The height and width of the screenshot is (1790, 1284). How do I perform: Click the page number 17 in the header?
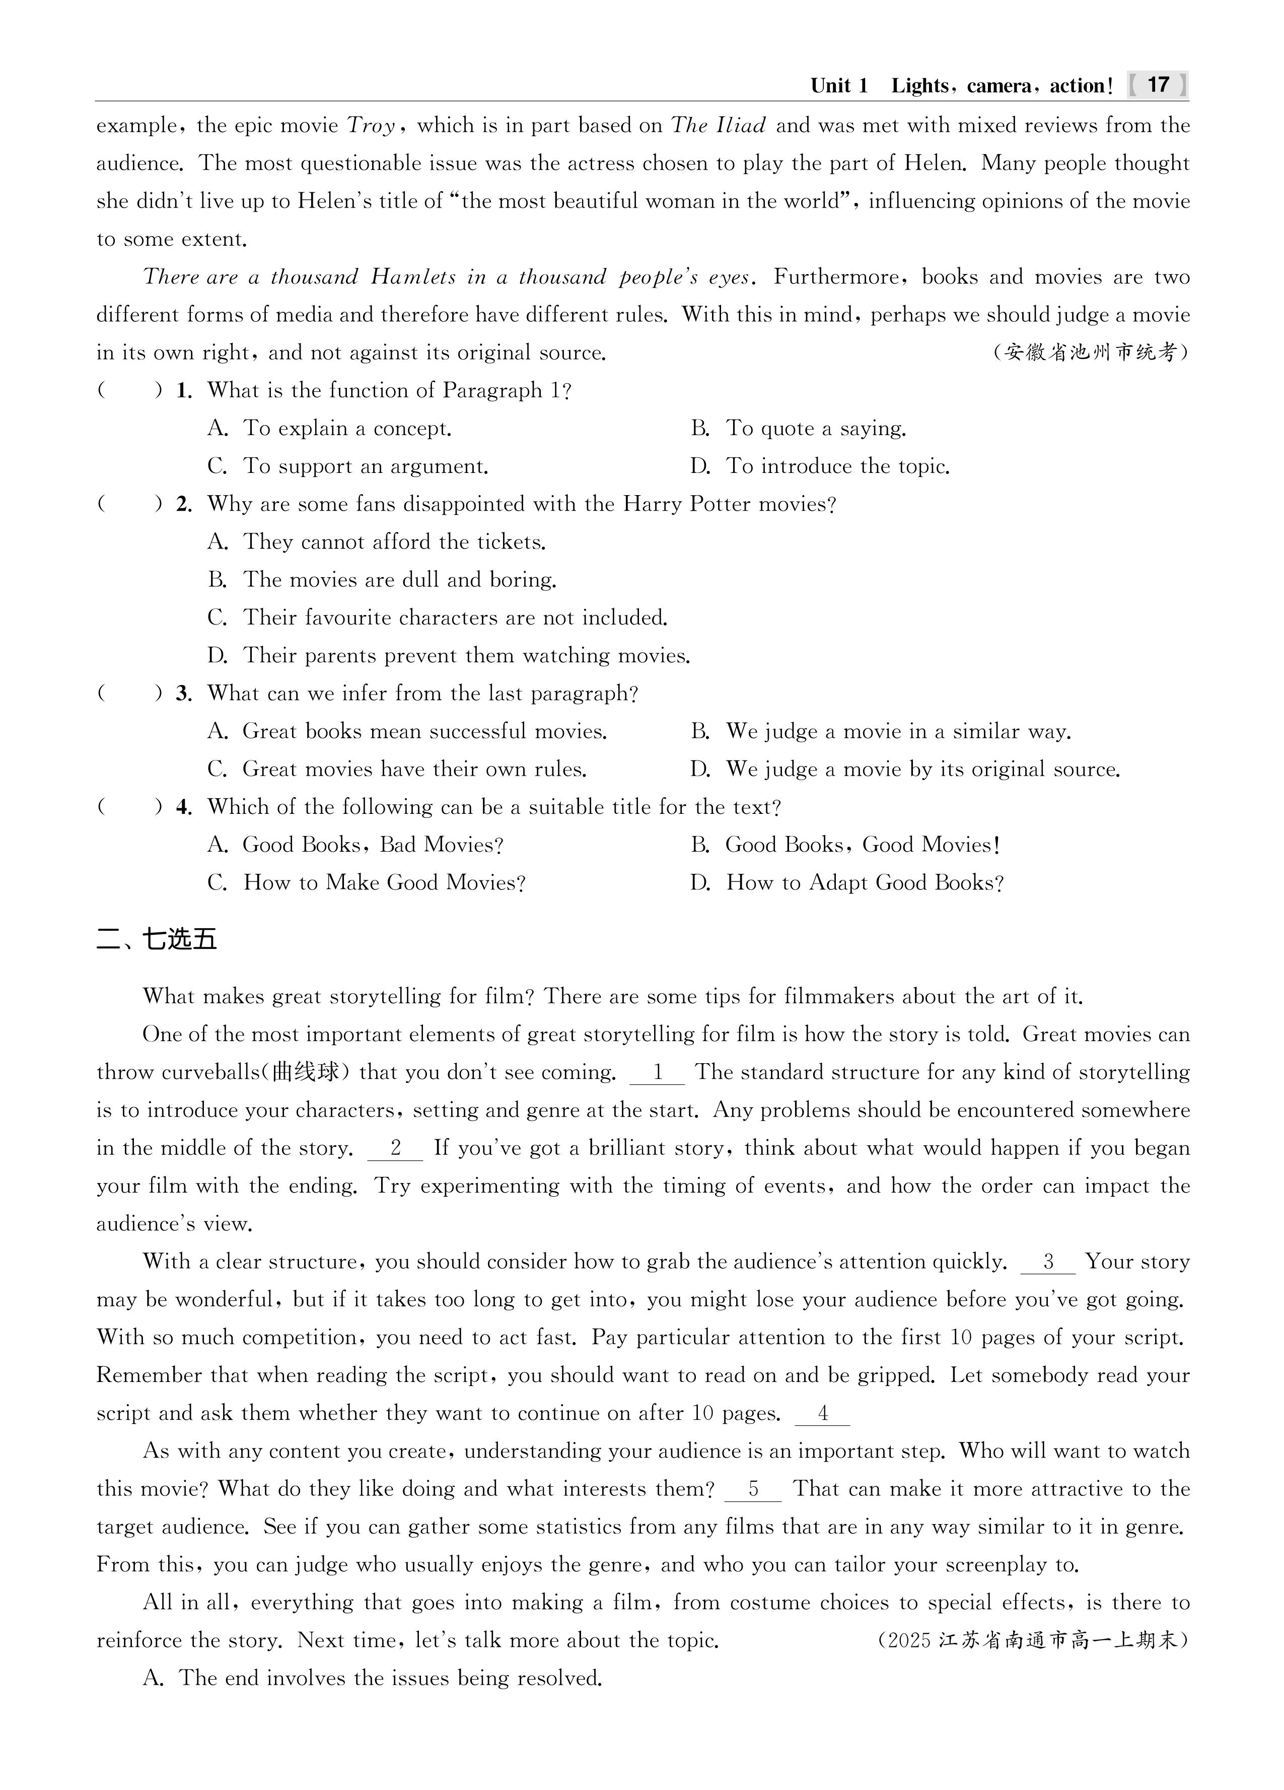(1158, 85)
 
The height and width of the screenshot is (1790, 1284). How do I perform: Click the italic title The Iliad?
(718, 125)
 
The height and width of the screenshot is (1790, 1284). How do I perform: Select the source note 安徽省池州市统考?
(1090, 352)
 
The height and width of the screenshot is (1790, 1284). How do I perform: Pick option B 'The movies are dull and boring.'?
(382, 580)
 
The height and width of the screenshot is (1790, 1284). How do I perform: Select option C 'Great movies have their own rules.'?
(397, 770)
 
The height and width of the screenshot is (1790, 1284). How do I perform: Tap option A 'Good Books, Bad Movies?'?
(355, 845)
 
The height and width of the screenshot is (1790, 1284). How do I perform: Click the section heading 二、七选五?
(156, 939)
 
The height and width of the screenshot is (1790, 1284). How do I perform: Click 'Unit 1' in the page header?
(839, 85)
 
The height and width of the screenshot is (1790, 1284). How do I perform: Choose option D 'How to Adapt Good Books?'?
(847, 883)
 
